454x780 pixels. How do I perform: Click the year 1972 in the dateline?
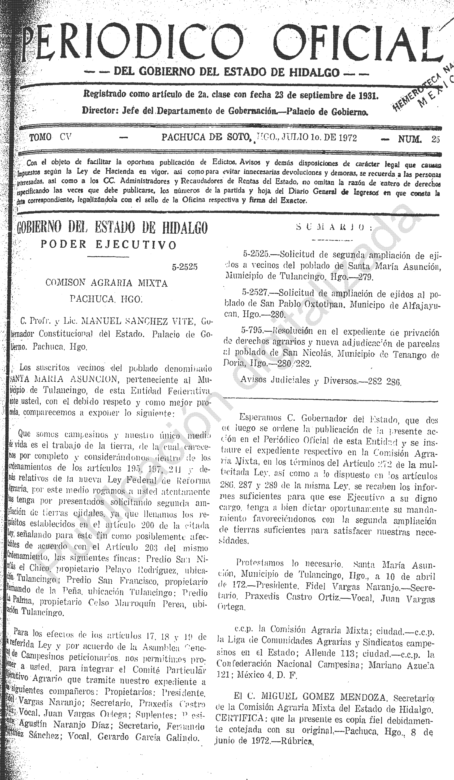[x=345, y=138]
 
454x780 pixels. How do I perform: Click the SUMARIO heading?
[x=334, y=227]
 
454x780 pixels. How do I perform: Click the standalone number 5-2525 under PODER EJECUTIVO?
[x=185, y=267]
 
